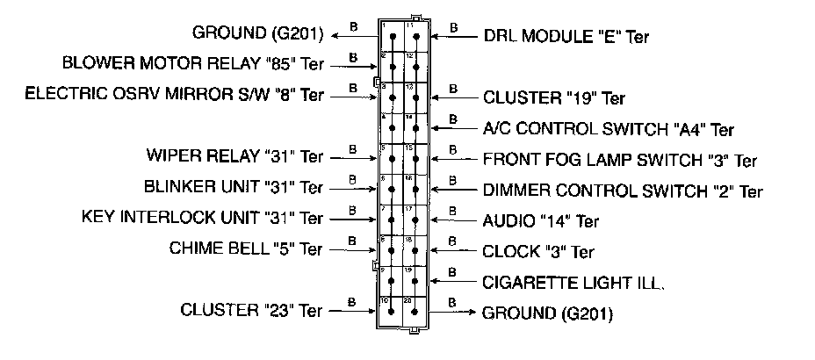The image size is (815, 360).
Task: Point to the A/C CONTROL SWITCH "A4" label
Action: click(608, 130)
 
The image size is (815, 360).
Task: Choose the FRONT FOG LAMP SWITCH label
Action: click(619, 161)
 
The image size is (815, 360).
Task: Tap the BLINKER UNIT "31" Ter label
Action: click(233, 188)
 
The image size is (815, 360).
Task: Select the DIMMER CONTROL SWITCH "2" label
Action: click(623, 191)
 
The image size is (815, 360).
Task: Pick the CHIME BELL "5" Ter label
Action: click(246, 248)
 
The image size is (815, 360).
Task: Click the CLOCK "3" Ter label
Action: click(538, 252)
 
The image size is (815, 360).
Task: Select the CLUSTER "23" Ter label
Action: click(251, 310)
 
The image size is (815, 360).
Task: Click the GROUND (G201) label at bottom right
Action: click(547, 313)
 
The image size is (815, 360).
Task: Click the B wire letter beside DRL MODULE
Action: click(453, 27)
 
